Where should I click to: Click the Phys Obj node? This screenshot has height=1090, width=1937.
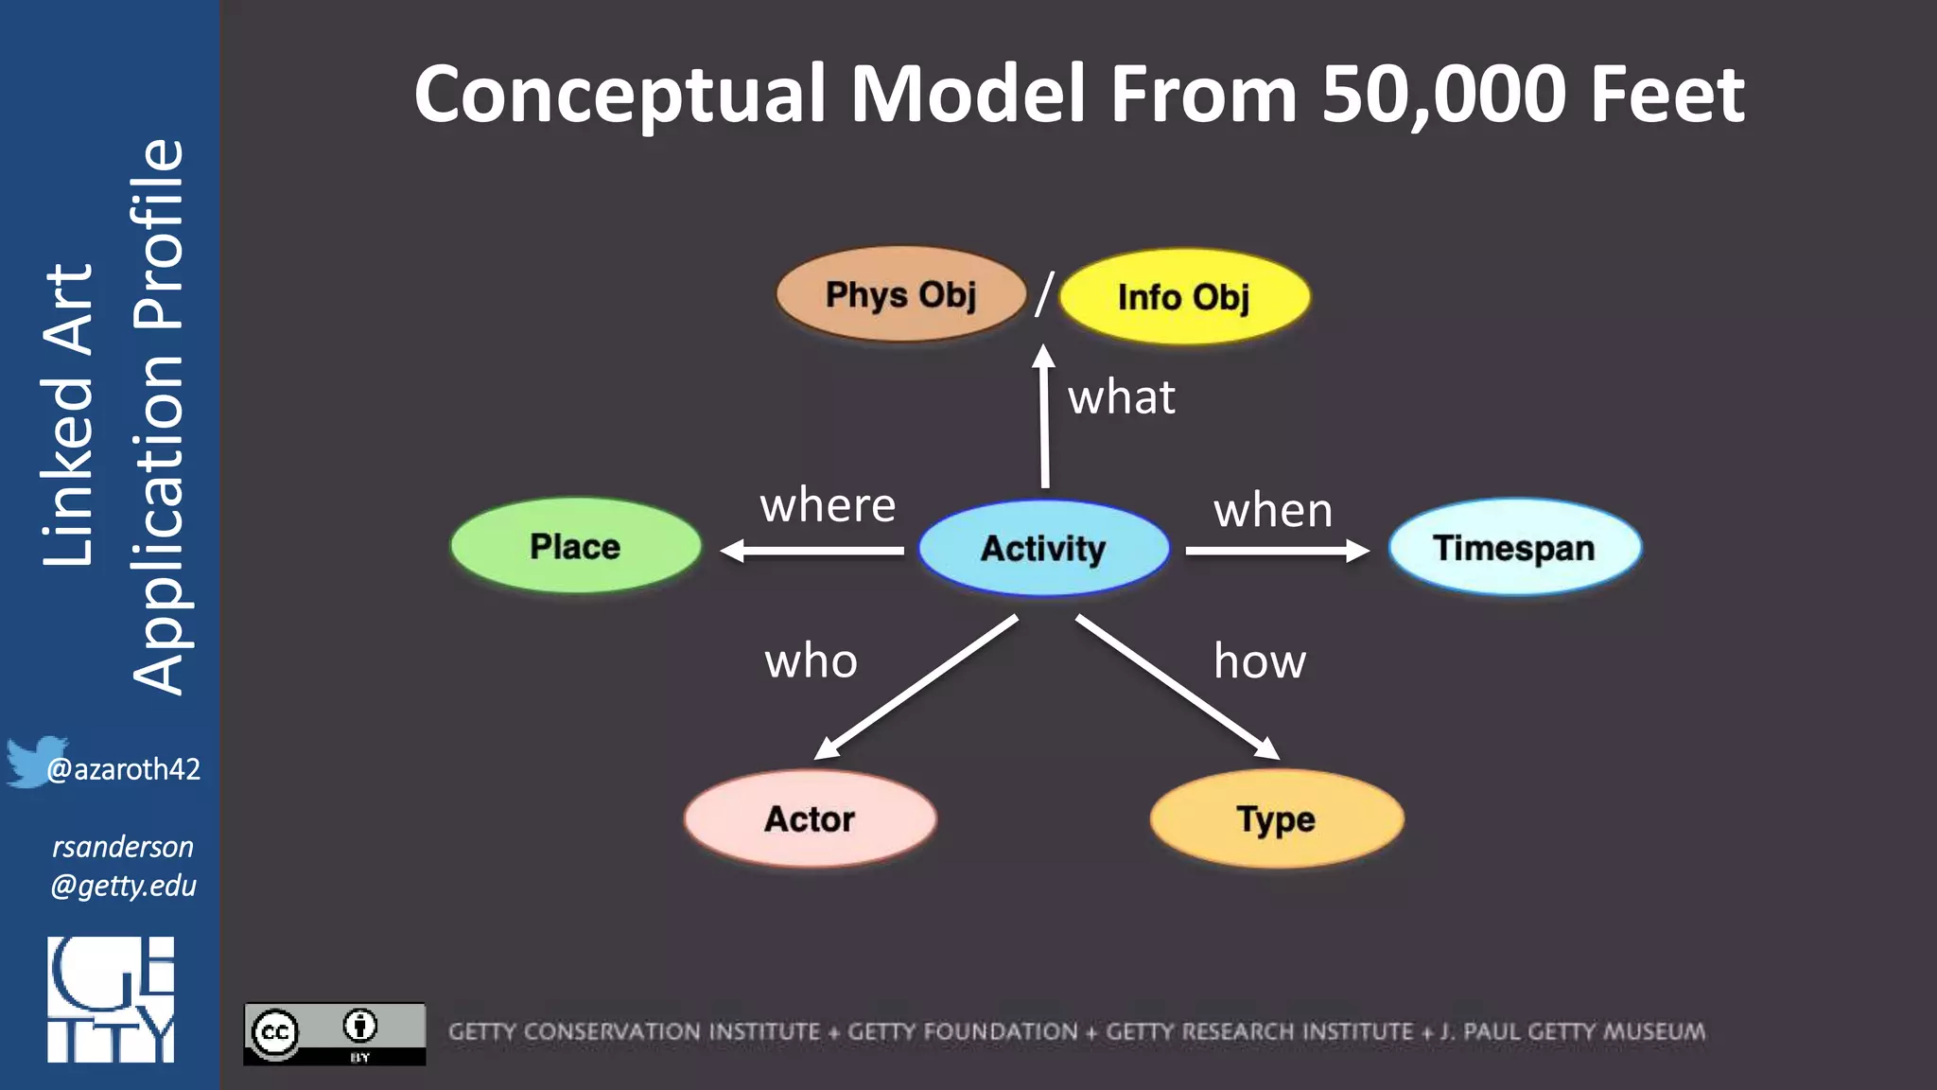point(900,294)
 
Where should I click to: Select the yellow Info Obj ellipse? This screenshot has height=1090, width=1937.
point(1184,297)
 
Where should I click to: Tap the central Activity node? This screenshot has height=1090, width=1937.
point(1043,549)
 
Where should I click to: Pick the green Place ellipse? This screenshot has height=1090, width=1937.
point(575,547)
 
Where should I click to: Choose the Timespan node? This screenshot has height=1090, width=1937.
point(1514,548)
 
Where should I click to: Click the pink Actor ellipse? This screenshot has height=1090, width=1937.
point(810,818)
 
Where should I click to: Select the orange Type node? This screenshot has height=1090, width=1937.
point(1276,818)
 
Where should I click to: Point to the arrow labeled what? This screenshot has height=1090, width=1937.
point(1044,416)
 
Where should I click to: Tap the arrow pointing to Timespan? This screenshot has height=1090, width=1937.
point(1277,551)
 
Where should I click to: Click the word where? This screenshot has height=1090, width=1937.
point(828,505)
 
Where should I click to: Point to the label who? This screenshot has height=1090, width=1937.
point(811,660)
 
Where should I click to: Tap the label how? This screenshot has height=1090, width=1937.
point(1260,660)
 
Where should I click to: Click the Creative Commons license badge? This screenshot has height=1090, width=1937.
point(334,1034)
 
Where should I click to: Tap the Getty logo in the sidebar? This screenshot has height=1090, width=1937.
point(111,1000)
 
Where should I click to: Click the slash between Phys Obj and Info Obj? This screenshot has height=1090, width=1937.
point(1044,294)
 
